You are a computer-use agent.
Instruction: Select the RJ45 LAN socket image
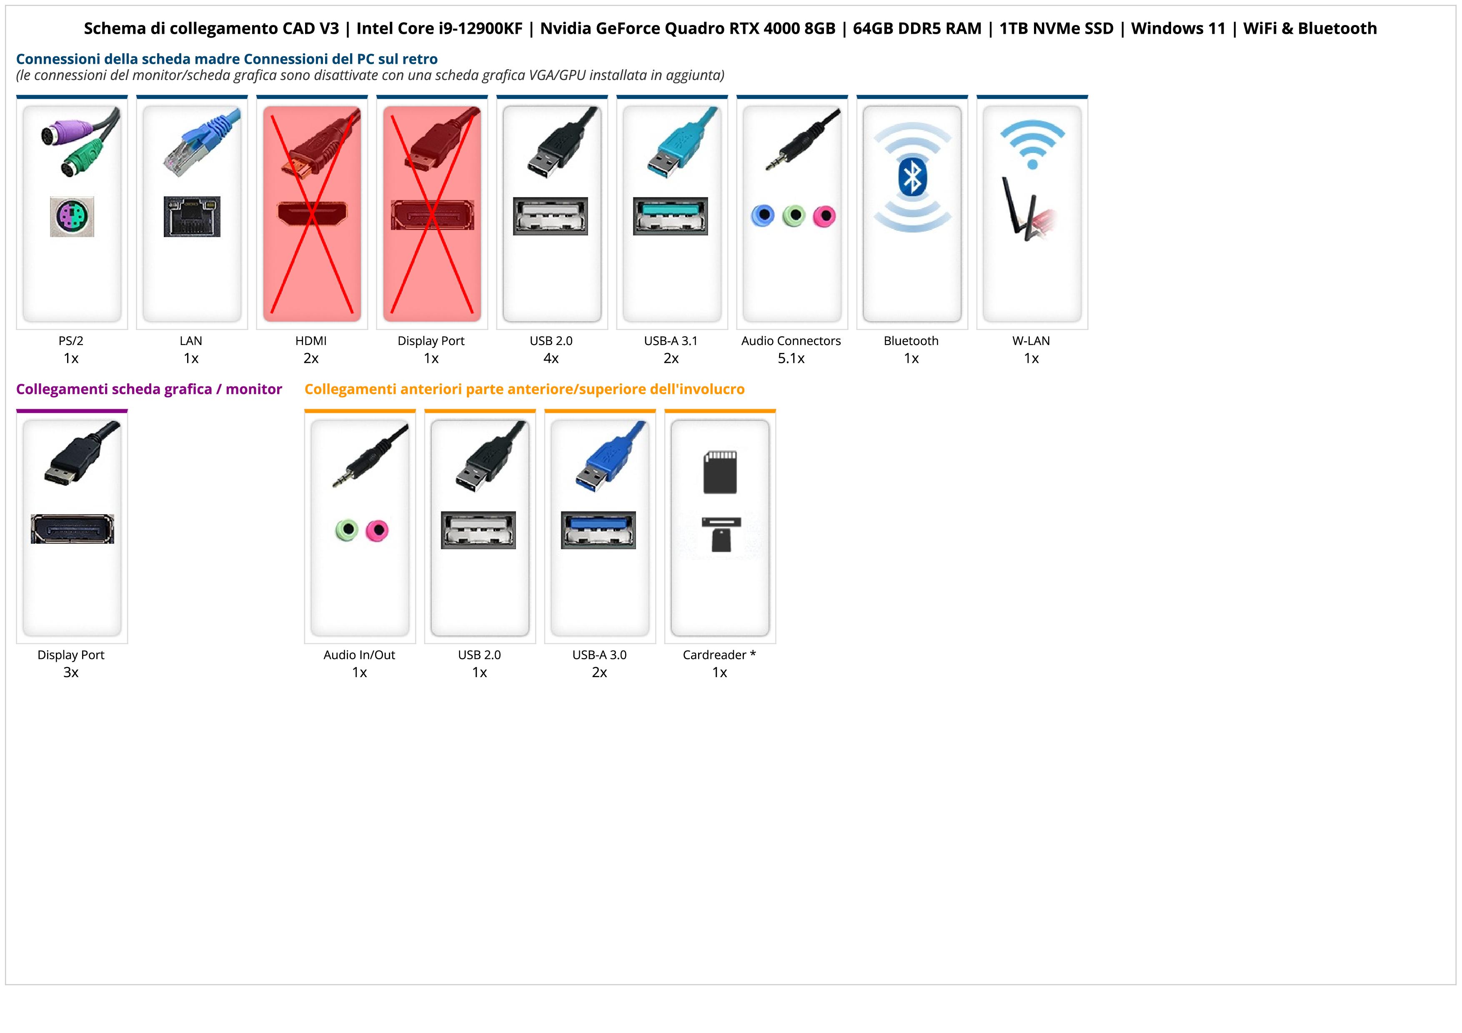(x=192, y=216)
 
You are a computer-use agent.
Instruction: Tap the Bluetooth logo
(x=912, y=177)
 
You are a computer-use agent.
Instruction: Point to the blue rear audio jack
(x=762, y=216)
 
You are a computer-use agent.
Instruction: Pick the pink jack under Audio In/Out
(x=378, y=530)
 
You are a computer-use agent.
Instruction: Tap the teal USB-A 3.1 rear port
(x=670, y=216)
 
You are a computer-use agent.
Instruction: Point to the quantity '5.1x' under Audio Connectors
(x=791, y=358)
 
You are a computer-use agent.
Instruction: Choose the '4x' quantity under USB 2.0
(x=551, y=358)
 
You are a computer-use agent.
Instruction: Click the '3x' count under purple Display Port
(x=71, y=673)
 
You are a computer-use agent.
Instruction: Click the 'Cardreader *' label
(x=719, y=655)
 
